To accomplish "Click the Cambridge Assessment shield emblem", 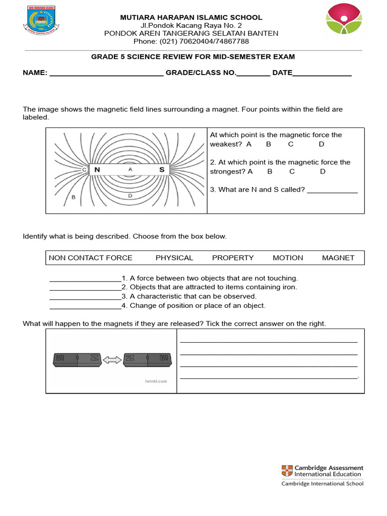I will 286,471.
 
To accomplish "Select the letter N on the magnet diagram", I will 97,170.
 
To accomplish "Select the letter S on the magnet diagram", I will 162,170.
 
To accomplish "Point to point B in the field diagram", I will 74,197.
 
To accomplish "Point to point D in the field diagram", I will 130,195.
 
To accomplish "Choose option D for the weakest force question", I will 321,144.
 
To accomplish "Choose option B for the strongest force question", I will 270,171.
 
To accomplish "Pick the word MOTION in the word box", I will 288,257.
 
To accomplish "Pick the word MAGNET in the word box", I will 338,257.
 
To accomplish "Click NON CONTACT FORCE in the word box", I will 91,257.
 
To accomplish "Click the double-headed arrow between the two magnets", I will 112,359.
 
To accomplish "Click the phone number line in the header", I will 191,41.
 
